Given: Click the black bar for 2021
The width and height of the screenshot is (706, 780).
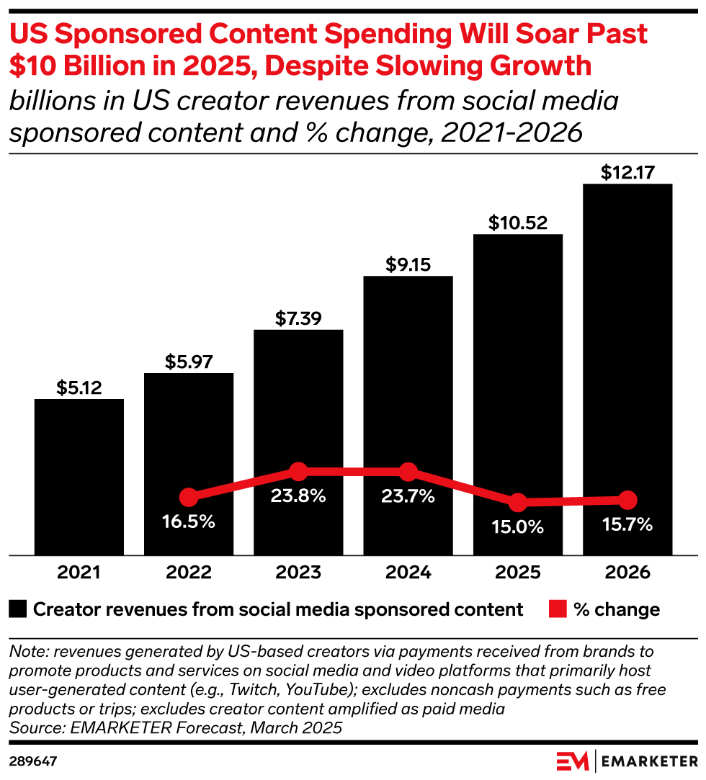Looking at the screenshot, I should pos(79,476).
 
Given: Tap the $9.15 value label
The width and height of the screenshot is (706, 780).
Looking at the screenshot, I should pos(408,264).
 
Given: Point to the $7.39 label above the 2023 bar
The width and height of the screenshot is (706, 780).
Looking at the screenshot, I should pos(298,318).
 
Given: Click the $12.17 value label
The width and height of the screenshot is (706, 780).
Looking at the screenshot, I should pos(627,172).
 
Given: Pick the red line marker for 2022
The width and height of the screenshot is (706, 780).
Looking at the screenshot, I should pos(189,497).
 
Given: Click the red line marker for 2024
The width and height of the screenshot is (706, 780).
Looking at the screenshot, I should pos(408,472).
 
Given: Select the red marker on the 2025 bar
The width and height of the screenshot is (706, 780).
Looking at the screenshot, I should pos(517,502).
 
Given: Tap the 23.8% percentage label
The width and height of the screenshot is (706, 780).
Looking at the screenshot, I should pos(298,496).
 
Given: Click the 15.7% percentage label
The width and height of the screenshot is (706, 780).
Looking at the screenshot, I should pos(627,524).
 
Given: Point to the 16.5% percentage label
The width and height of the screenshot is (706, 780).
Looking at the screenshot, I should pos(189,521).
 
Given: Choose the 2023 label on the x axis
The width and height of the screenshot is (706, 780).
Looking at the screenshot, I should pos(298,573).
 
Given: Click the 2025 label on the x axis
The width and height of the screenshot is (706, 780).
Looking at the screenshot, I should pos(517,573).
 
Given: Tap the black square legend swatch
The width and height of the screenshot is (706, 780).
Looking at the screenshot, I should pos(19,609).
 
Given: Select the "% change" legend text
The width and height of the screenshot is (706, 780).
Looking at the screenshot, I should pos(617,609).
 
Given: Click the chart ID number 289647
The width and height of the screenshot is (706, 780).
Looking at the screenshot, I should pos(33,761).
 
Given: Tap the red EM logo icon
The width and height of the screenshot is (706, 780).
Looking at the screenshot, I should pos(572,761).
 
